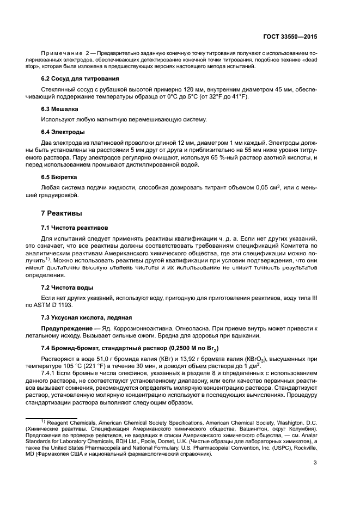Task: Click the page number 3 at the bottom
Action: point(315,463)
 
